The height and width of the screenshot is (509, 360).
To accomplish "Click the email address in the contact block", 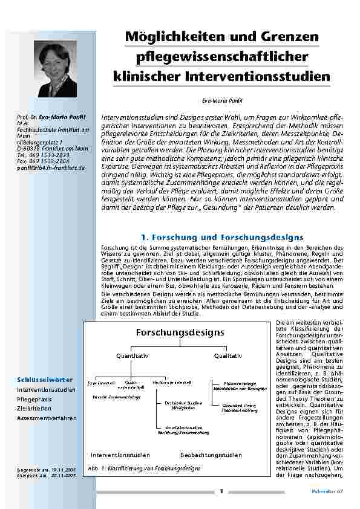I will coord(51,167).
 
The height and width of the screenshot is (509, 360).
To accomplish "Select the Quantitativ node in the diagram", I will coord(133,355).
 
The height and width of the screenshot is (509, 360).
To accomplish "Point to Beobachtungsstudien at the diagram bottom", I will coord(211,454).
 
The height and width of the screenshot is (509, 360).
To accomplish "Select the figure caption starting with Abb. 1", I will coord(144,468).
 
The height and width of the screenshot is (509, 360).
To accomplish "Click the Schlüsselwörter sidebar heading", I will coord(45,380).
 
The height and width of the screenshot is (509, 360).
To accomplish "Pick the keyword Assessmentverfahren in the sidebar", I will coord(47,418).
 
